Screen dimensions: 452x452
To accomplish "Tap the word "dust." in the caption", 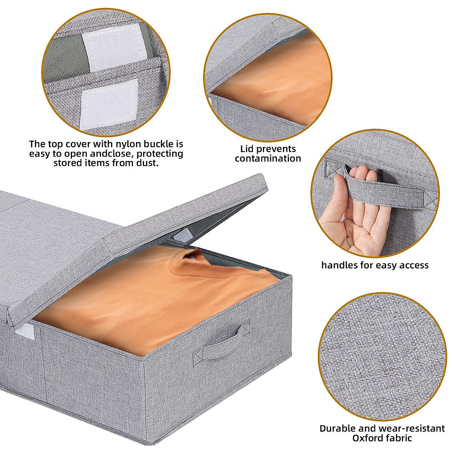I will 147,163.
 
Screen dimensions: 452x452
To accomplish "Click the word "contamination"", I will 268,159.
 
